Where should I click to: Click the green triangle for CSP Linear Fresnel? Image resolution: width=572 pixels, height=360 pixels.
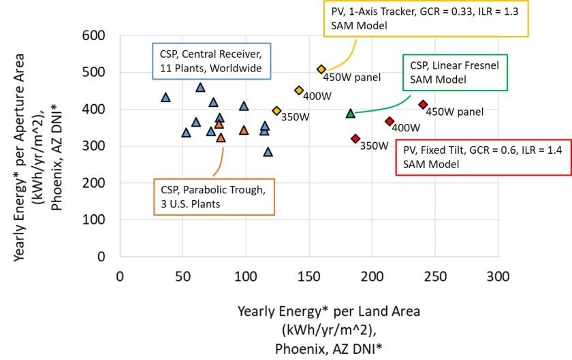pyautogui.click(x=350, y=114)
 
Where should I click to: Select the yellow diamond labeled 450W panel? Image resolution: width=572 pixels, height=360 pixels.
pyautogui.click(x=321, y=69)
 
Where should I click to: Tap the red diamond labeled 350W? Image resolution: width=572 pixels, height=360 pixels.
pyautogui.click(x=355, y=139)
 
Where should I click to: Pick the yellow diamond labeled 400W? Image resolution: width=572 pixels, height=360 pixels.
pyautogui.click(x=299, y=91)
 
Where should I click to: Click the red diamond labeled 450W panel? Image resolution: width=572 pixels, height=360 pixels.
pyautogui.click(x=423, y=105)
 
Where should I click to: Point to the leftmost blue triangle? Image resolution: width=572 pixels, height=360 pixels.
pyautogui.click(x=165, y=98)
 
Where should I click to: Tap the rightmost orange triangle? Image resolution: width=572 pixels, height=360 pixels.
pyautogui.click(x=244, y=130)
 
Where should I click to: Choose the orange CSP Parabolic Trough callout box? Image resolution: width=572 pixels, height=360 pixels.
pyautogui.click(x=221, y=195)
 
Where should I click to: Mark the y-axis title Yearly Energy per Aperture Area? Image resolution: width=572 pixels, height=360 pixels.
pyautogui.click(x=39, y=146)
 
